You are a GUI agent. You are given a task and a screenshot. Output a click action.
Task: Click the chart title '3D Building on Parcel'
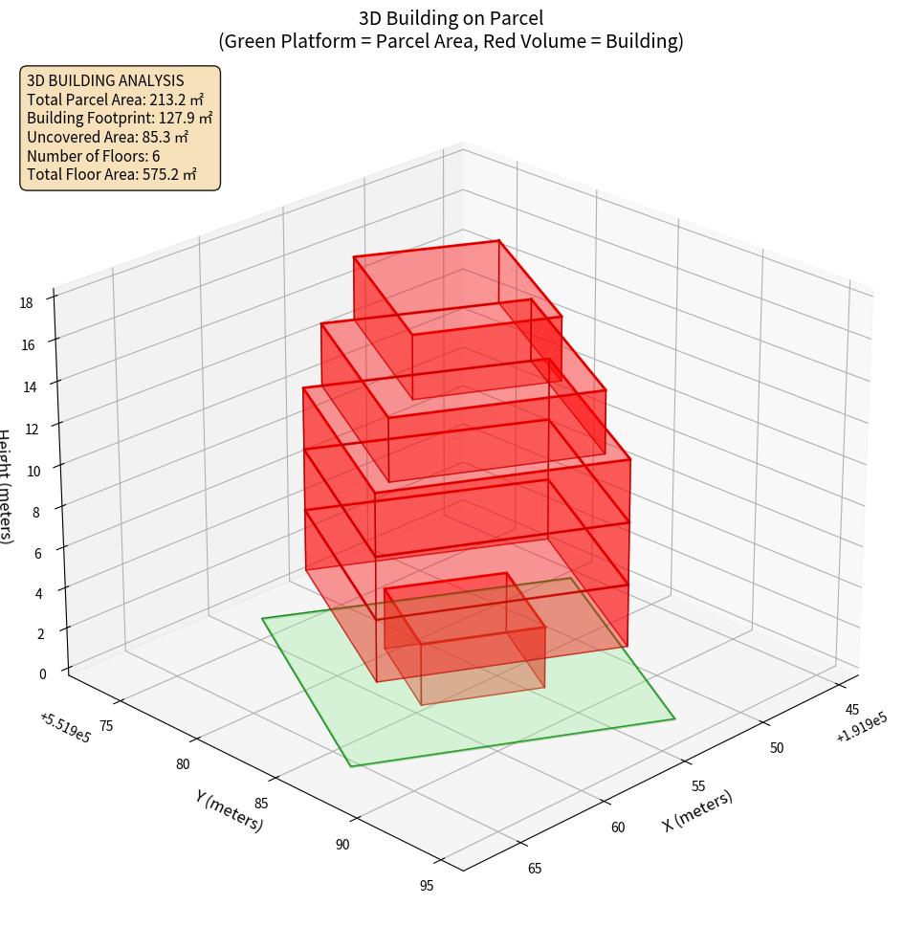[x=451, y=17]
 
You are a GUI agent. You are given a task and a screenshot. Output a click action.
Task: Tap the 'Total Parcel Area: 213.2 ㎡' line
[x=115, y=99]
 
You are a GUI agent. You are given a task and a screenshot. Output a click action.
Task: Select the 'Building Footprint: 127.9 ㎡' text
[x=120, y=118]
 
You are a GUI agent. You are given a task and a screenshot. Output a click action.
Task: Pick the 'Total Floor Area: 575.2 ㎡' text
[x=112, y=174]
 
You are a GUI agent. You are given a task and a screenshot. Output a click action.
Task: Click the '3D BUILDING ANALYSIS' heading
[x=105, y=80]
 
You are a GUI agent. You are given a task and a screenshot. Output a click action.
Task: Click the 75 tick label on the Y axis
[x=105, y=725]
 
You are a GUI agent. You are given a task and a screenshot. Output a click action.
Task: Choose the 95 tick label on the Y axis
[x=427, y=885]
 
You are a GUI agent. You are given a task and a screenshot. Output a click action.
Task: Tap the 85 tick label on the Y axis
[x=261, y=803]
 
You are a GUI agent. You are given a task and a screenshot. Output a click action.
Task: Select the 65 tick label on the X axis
[x=535, y=868]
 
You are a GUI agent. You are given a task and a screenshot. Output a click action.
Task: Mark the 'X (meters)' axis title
[x=697, y=811]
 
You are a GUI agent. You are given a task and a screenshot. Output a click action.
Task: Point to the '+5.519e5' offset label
[x=65, y=727]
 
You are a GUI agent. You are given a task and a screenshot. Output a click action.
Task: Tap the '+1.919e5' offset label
[x=861, y=730]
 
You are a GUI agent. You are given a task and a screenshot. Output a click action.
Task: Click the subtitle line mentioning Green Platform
[x=451, y=42]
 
